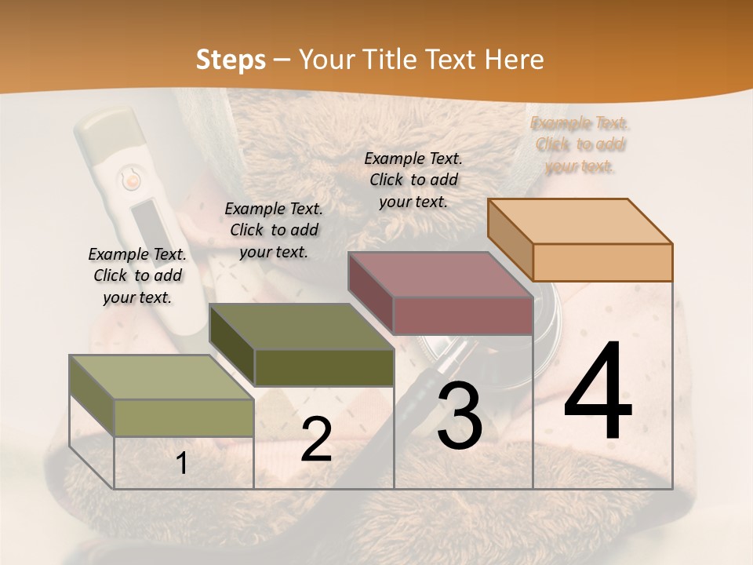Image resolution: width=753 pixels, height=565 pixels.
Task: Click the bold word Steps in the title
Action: click(x=231, y=60)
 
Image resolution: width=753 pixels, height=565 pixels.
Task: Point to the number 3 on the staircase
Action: click(x=459, y=415)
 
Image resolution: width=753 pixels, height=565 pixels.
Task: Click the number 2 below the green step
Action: click(x=316, y=440)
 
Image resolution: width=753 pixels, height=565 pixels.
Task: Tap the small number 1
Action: click(x=182, y=464)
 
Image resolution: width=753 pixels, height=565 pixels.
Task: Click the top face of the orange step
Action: click(x=580, y=221)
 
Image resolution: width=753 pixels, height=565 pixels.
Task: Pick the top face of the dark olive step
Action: click(x=301, y=326)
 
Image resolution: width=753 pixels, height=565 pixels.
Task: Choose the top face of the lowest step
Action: click(x=162, y=377)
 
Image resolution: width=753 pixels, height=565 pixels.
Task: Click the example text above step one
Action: click(x=137, y=275)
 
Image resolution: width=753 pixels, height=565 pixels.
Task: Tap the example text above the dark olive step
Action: click(x=274, y=230)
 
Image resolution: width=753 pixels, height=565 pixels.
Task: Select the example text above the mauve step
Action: click(x=413, y=180)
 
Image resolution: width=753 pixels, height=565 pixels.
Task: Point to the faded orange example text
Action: click(x=580, y=144)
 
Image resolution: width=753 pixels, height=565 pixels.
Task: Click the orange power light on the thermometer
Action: click(x=131, y=181)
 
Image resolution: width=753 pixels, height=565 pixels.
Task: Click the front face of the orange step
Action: click(x=602, y=262)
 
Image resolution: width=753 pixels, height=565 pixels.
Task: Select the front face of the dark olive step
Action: click(x=324, y=367)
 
